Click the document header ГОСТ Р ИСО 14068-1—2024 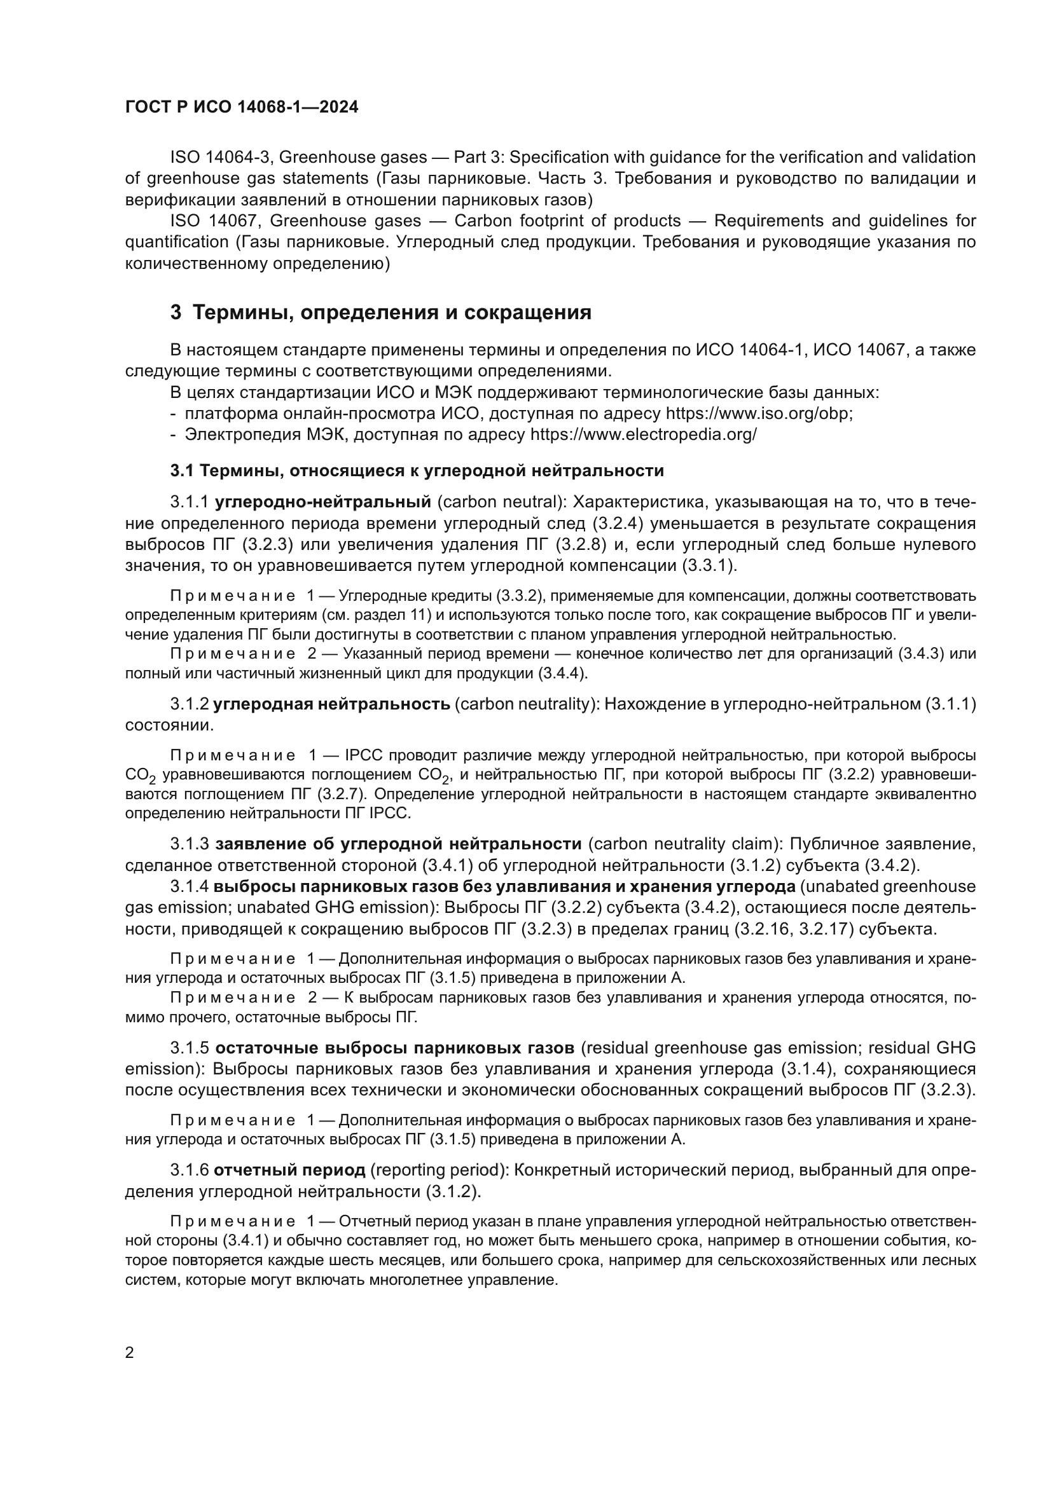click(x=241, y=107)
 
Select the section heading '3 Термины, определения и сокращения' click(x=381, y=313)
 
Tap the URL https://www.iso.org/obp click(x=759, y=414)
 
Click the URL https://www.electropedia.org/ click(x=643, y=435)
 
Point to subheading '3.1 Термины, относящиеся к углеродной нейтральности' click(x=417, y=471)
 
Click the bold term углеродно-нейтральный click(x=322, y=503)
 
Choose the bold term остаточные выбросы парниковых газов click(x=394, y=1048)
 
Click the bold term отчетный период click(x=289, y=1170)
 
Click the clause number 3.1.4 click(x=190, y=887)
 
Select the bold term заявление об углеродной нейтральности click(x=398, y=844)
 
